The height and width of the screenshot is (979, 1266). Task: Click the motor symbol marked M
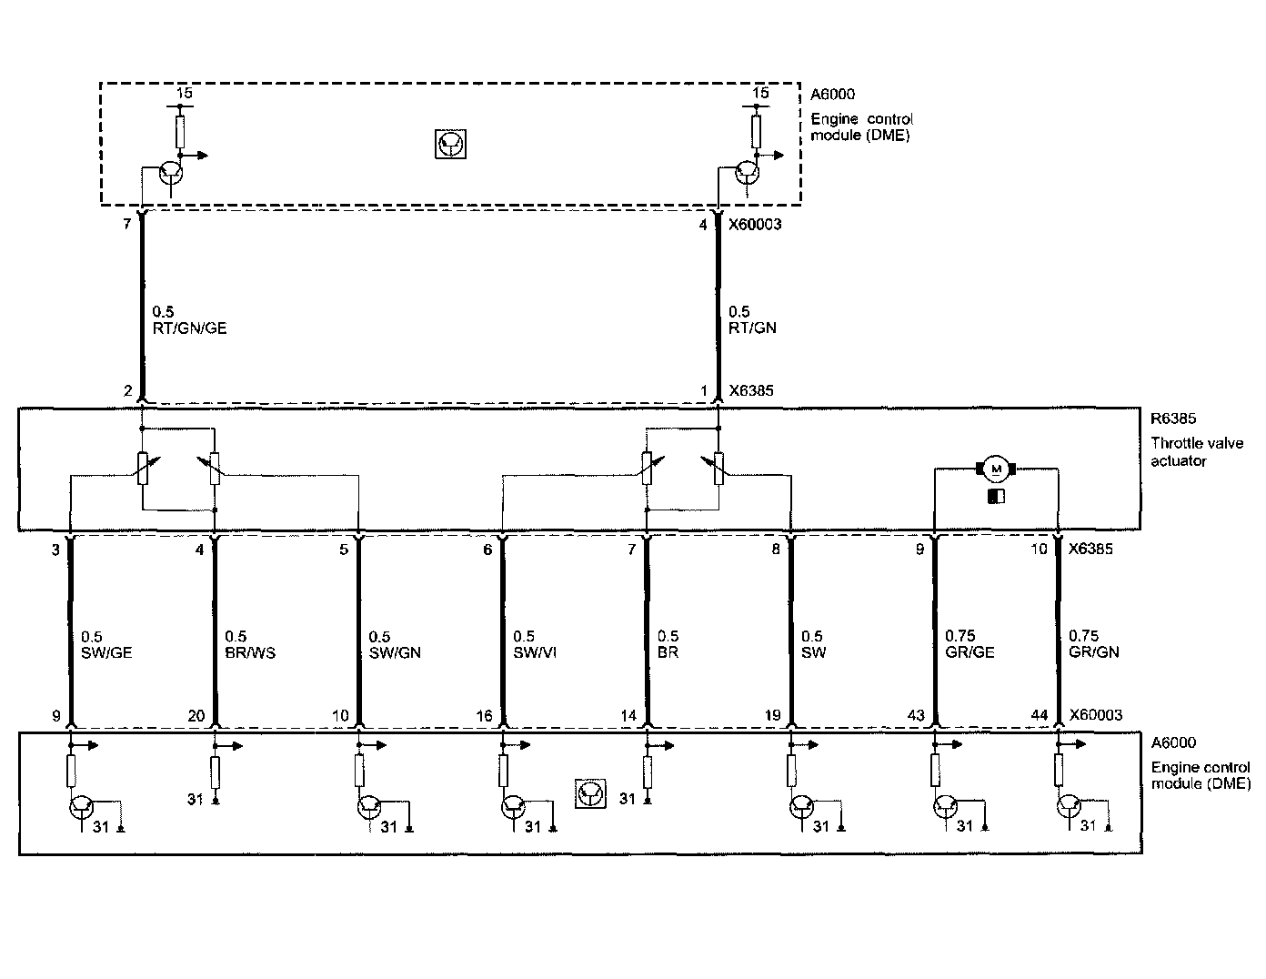pyautogui.click(x=996, y=469)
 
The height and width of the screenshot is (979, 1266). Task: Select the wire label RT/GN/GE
pyautogui.click(x=189, y=328)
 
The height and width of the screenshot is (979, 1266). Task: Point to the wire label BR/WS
pyautogui.click(x=249, y=652)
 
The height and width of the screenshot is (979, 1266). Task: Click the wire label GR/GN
pyautogui.click(x=1094, y=652)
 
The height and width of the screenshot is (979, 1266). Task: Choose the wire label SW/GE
pyautogui.click(x=106, y=652)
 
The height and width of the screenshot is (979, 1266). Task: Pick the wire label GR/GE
pyautogui.click(x=970, y=652)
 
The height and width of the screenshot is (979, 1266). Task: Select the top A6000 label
pyautogui.click(x=832, y=94)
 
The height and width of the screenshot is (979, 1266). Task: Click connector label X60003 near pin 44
pyautogui.click(x=1096, y=715)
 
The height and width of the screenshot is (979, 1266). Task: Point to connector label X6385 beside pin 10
pyautogui.click(x=1091, y=550)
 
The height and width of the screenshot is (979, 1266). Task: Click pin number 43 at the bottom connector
pyautogui.click(x=915, y=716)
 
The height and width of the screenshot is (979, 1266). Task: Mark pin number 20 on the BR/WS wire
pyautogui.click(x=196, y=716)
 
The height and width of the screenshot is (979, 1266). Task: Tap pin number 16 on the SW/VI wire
pyautogui.click(x=484, y=716)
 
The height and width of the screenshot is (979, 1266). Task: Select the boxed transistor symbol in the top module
pyautogui.click(x=451, y=144)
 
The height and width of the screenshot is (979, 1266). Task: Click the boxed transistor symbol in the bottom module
pyautogui.click(x=590, y=793)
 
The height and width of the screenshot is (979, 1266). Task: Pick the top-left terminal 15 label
pyautogui.click(x=184, y=93)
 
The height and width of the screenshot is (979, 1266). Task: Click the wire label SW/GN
pyautogui.click(x=395, y=652)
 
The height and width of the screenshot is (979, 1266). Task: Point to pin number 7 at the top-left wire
pyautogui.click(x=127, y=224)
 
